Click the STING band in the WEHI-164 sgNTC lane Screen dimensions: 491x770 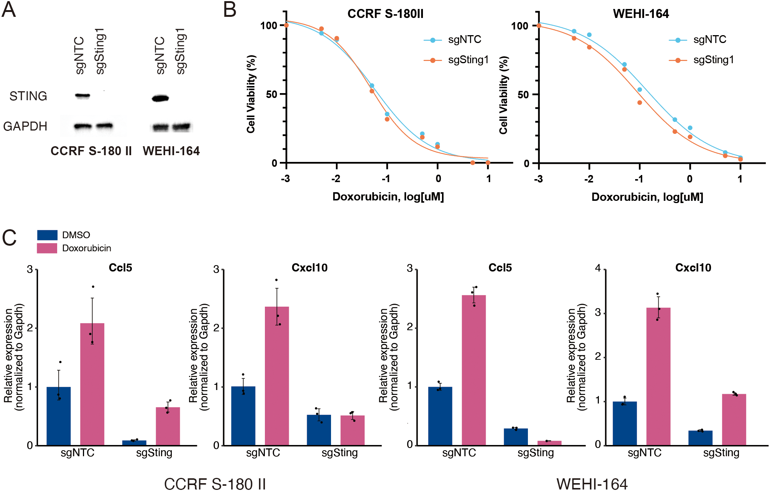click(x=160, y=99)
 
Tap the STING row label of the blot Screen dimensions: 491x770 click(x=28, y=96)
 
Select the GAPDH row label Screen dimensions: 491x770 click(x=25, y=126)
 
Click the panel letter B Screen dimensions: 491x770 click(x=229, y=10)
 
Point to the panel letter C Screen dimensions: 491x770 click(x=9, y=238)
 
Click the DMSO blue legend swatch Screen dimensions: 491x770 click(x=47, y=235)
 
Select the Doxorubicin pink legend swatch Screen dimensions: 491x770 click(x=47, y=248)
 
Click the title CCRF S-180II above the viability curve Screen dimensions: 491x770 click(x=385, y=14)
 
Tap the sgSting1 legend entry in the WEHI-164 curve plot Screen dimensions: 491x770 click(x=713, y=60)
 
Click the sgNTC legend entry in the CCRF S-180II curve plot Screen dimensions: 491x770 click(x=464, y=40)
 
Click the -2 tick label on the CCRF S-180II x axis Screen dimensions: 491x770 click(x=335, y=179)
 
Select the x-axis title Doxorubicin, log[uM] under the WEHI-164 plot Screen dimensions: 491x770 click(x=647, y=197)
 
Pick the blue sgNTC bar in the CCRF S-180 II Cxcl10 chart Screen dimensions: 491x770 click(x=243, y=415)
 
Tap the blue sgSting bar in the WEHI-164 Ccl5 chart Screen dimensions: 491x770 click(x=516, y=436)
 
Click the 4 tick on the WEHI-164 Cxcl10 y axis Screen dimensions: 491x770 click(x=598, y=268)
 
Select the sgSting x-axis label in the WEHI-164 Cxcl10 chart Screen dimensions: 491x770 click(x=721, y=453)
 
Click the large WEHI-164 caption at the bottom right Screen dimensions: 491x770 click(x=592, y=484)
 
